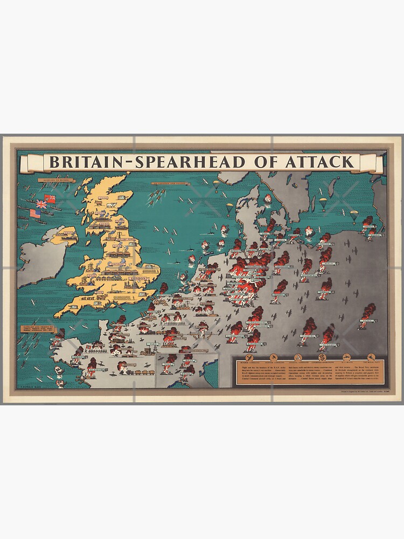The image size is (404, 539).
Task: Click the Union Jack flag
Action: point(41,204)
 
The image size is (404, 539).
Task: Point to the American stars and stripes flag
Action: point(35,213)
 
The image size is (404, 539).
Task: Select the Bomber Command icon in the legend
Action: point(249,357)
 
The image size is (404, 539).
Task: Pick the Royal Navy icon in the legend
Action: point(371,357)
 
